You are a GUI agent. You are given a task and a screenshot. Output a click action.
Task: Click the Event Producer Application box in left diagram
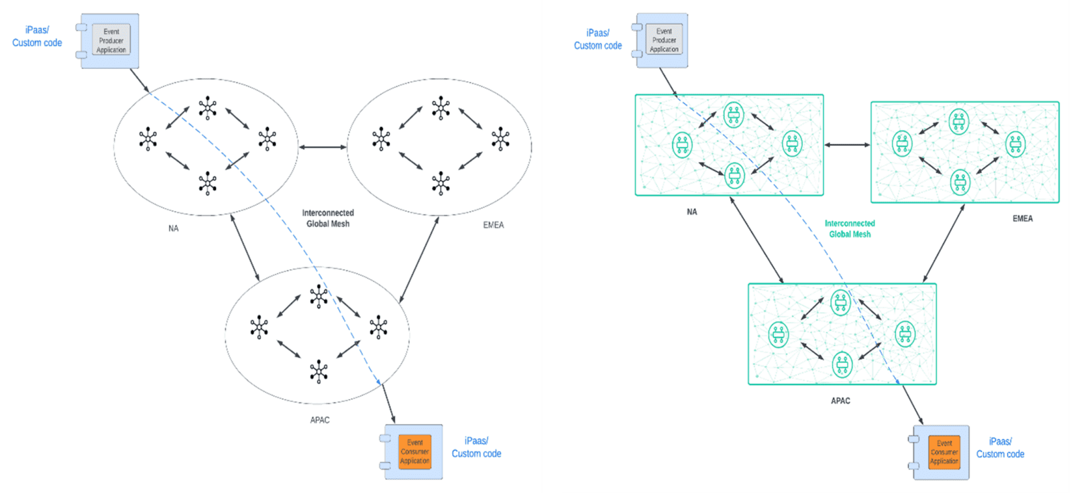111,41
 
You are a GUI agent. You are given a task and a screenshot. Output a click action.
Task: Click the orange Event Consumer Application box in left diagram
414,452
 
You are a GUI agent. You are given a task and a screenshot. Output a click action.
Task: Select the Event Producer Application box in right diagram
664,40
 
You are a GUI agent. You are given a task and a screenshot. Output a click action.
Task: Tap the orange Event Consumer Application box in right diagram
944,453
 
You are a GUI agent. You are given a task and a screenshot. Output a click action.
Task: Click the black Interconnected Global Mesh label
328,218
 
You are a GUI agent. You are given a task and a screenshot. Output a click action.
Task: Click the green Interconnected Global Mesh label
850,229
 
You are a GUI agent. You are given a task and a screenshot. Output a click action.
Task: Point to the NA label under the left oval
174,228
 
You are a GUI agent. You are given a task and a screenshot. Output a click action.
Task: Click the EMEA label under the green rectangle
1022,219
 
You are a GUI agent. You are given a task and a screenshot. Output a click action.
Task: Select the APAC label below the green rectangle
840,401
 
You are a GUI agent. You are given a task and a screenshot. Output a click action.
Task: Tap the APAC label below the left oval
320,421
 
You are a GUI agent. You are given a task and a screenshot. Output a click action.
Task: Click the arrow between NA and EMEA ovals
323,147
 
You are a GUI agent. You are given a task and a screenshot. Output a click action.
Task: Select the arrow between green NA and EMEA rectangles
847,145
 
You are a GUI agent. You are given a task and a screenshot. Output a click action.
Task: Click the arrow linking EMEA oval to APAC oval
419,260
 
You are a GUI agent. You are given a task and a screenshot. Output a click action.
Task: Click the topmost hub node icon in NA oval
208,108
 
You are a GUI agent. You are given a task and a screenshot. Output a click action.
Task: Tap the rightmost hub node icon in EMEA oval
500,139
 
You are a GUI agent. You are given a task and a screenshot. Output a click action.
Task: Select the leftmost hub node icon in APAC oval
259,327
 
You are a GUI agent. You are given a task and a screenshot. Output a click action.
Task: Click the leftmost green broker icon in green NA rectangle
682,145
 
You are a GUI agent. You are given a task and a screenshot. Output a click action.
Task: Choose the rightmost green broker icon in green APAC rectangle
905,334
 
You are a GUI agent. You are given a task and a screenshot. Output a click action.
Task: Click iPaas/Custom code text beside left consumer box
476,447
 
